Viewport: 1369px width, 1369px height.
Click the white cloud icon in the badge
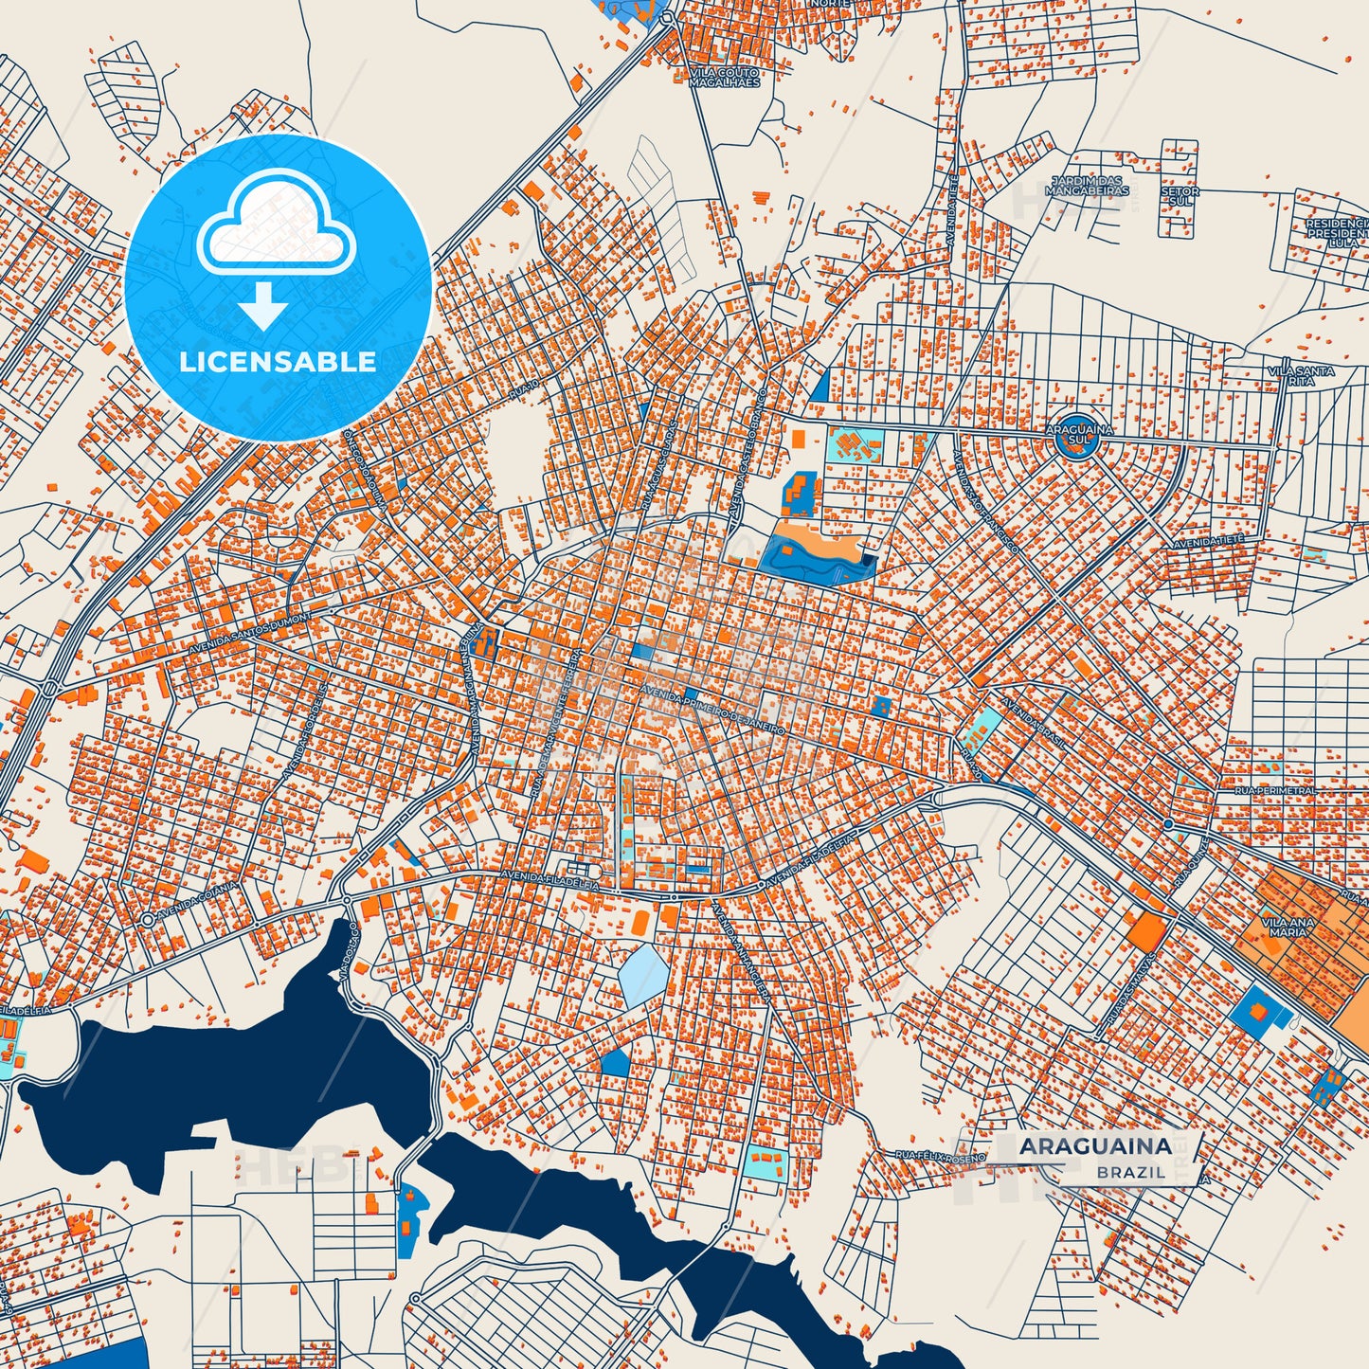tap(276, 225)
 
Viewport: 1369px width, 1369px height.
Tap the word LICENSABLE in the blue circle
tap(279, 362)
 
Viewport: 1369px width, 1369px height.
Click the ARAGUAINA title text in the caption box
tap(1095, 1146)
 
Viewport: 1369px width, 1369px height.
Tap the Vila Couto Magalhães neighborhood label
tap(724, 78)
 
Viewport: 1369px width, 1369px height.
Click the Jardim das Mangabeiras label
tap(1086, 186)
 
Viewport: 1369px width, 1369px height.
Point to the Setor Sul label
tap(1180, 196)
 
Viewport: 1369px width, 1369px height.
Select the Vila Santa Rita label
tap(1301, 376)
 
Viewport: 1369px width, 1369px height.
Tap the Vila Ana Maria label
tap(1288, 926)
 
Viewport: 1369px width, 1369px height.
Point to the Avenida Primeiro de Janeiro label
tap(712, 710)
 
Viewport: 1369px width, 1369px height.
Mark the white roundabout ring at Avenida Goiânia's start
tap(147, 920)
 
